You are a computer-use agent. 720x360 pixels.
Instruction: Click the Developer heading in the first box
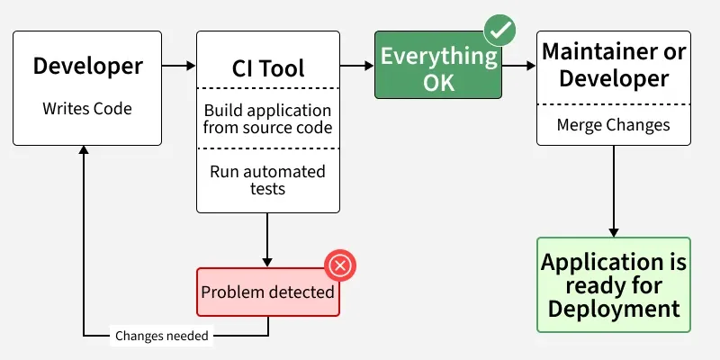click(87, 66)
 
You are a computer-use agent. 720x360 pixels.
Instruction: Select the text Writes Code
click(87, 109)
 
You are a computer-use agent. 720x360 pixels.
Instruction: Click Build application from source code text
click(267, 119)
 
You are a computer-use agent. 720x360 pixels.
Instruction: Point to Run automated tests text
click(267, 180)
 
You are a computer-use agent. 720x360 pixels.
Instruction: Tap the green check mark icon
click(499, 31)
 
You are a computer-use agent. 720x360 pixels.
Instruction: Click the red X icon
click(340, 265)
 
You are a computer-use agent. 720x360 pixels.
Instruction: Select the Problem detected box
click(267, 292)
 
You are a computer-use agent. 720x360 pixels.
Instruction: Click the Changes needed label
click(162, 337)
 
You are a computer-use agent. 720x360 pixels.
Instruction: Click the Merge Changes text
click(614, 125)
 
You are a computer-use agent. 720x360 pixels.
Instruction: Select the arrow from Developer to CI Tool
click(179, 66)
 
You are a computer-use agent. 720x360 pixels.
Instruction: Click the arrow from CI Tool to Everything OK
click(357, 66)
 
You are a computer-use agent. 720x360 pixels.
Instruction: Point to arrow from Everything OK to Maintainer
click(518, 66)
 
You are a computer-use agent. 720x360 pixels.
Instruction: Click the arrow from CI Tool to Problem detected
click(267, 239)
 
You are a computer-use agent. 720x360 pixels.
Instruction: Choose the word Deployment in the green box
click(614, 309)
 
